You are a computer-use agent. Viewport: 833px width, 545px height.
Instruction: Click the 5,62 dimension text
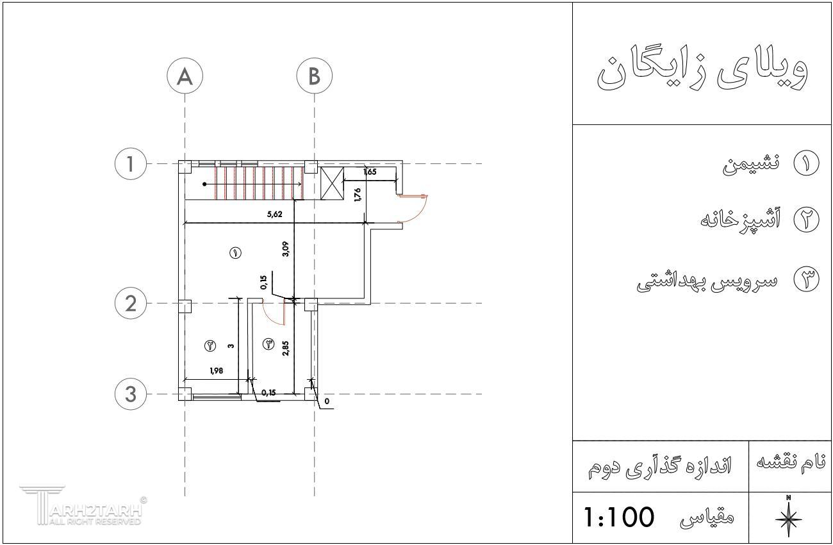point(275,214)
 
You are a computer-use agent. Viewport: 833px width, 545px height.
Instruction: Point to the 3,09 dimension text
point(285,249)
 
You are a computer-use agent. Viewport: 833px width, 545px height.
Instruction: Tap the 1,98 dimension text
point(217,371)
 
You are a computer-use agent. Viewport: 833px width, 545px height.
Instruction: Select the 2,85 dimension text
point(285,348)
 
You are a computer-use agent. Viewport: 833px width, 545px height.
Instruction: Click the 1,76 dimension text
point(358,195)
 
